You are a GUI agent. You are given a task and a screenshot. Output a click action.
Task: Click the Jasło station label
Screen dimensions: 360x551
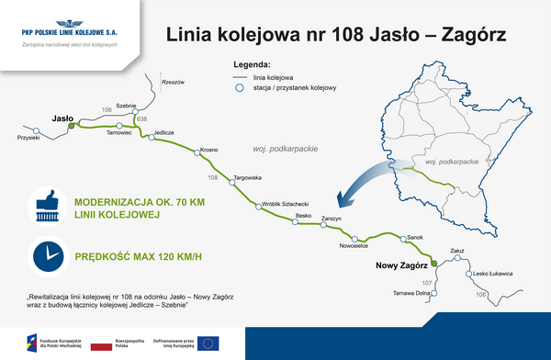coord(62,118)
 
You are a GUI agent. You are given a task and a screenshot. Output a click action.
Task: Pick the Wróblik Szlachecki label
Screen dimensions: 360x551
coord(285,204)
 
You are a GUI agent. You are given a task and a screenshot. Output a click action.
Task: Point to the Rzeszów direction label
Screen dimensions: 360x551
coord(173,83)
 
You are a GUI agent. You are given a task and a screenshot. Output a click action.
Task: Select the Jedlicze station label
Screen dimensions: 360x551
coord(163,133)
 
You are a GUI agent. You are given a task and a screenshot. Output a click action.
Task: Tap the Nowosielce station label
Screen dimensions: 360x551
coord(354,245)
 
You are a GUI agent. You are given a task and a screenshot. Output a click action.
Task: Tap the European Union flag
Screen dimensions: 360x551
coord(208,344)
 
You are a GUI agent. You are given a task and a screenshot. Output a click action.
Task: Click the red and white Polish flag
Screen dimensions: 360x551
coord(100,344)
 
